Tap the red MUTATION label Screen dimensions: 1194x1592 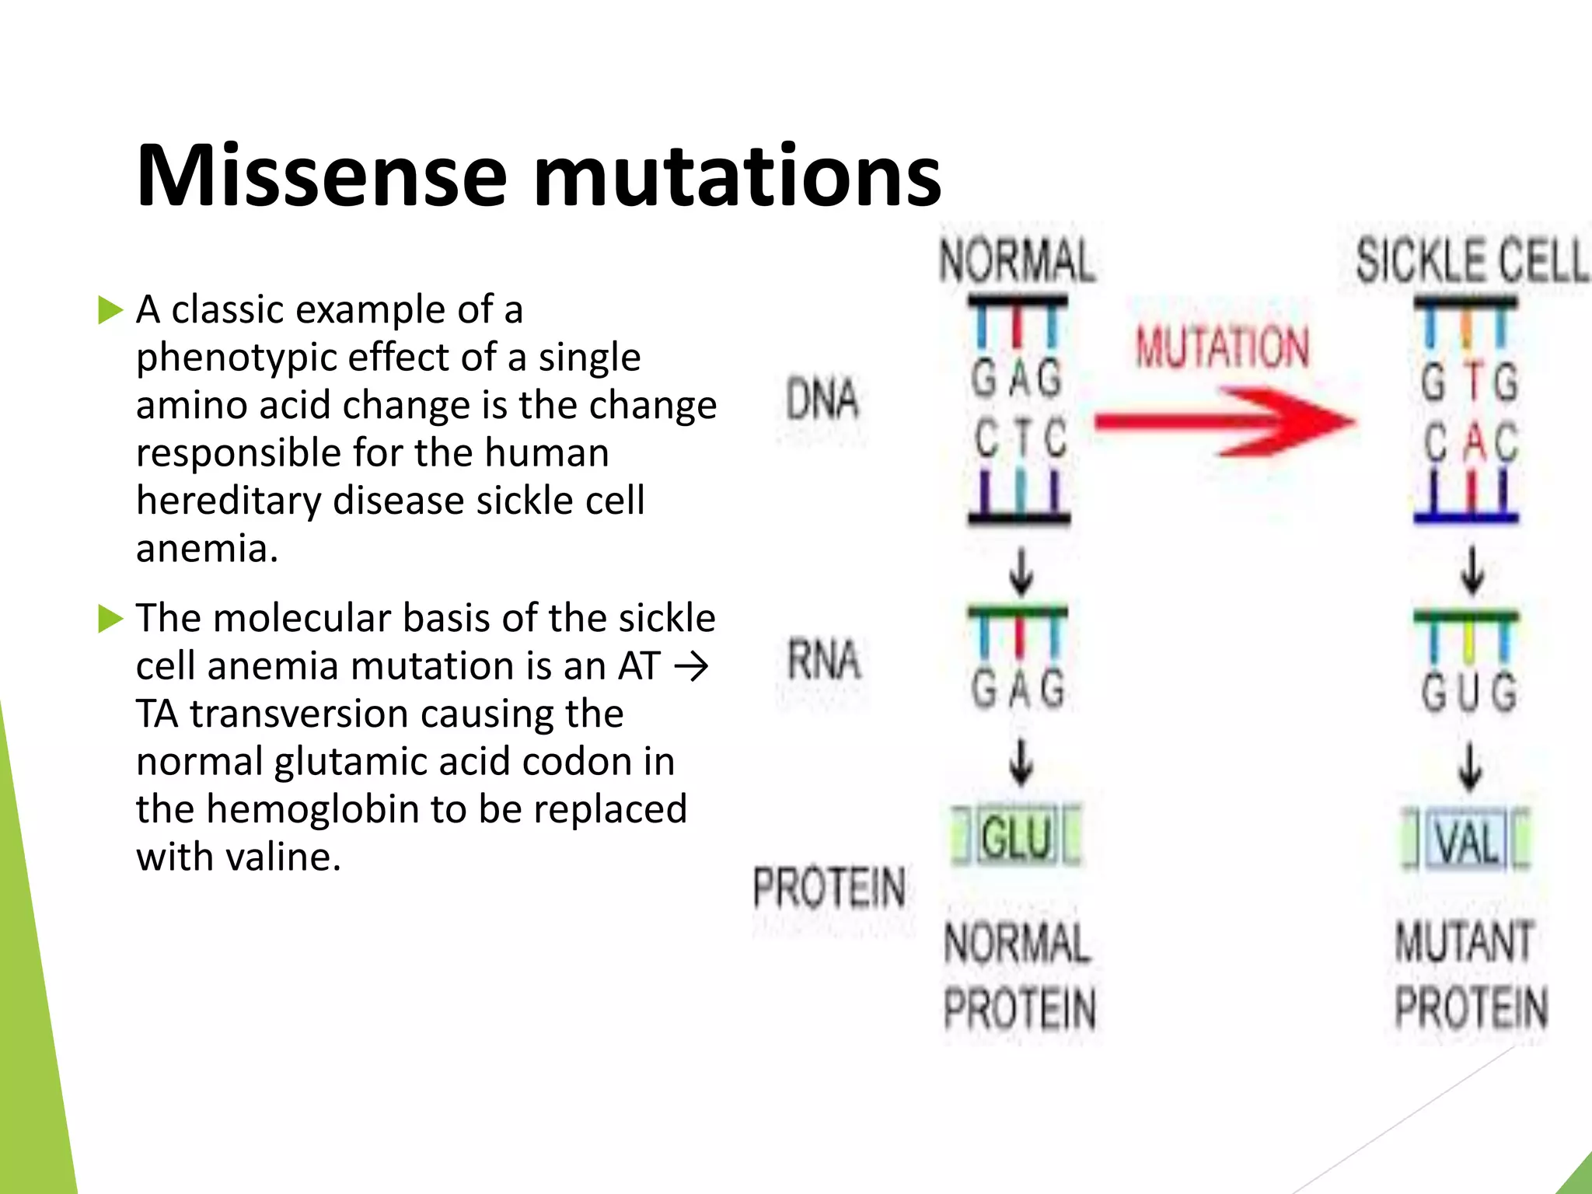[1222, 347]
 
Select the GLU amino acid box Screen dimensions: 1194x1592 [1017, 838]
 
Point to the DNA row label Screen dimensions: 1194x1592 [822, 400]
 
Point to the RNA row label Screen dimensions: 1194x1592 [824, 660]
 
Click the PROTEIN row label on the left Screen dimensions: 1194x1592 [829, 888]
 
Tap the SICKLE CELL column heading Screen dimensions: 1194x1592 [1472, 260]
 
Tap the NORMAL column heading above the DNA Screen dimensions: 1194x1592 [1018, 260]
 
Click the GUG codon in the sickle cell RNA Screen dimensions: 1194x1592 [1468, 691]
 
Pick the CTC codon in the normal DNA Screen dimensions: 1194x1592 [1020, 438]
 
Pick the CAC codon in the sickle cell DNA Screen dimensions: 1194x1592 [1469, 442]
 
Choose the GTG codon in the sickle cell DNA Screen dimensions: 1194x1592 [1468, 382]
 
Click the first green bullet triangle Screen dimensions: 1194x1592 [110, 310]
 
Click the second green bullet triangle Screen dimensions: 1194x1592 [110, 620]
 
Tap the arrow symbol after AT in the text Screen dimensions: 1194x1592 [691, 667]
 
